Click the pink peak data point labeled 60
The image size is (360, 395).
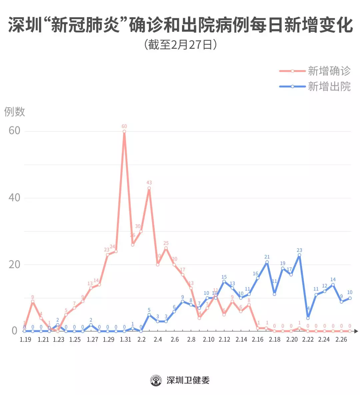[124, 131]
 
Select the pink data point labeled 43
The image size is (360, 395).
[149, 188]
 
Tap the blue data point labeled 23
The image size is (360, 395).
[299, 255]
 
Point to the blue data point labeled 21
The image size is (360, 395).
[267, 262]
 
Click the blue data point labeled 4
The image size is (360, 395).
[308, 318]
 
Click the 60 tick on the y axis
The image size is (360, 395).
[15, 130]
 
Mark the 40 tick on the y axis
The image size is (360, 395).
[15, 197]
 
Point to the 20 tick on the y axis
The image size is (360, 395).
[15, 265]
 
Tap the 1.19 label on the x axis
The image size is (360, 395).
[25, 340]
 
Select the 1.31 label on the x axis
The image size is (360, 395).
[125, 340]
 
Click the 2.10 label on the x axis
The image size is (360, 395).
[209, 340]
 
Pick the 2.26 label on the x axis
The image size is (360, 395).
[341, 340]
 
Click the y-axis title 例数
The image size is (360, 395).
[15, 112]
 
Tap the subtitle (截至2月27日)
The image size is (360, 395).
[180, 45]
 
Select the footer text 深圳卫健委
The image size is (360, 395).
[188, 380]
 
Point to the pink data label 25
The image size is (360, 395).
[166, 243]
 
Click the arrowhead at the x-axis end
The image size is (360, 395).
[356, 331]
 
